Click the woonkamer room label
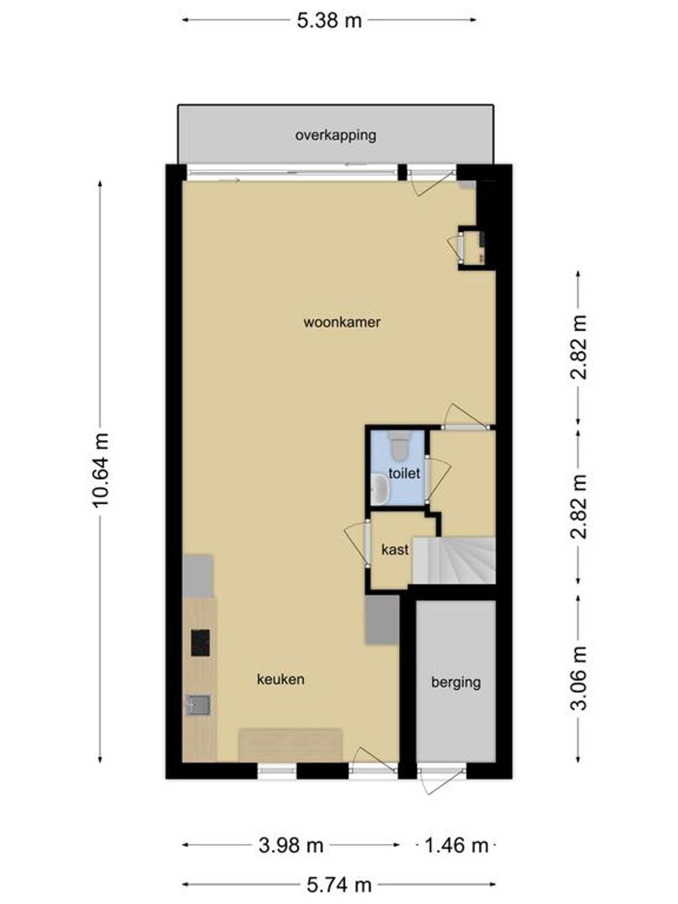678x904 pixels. tap(342, 322)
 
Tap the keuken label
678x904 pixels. tap(281, 679)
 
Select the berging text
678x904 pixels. tap(456, 682)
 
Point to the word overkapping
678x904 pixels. tap(335, 135)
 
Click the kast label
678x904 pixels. tap(395, 550)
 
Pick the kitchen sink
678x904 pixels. tap(199, 705)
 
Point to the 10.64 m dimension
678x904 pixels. tap(101, 470)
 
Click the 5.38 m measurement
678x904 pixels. tap(329, 21)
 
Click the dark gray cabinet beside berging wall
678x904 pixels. tap(382, 620)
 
